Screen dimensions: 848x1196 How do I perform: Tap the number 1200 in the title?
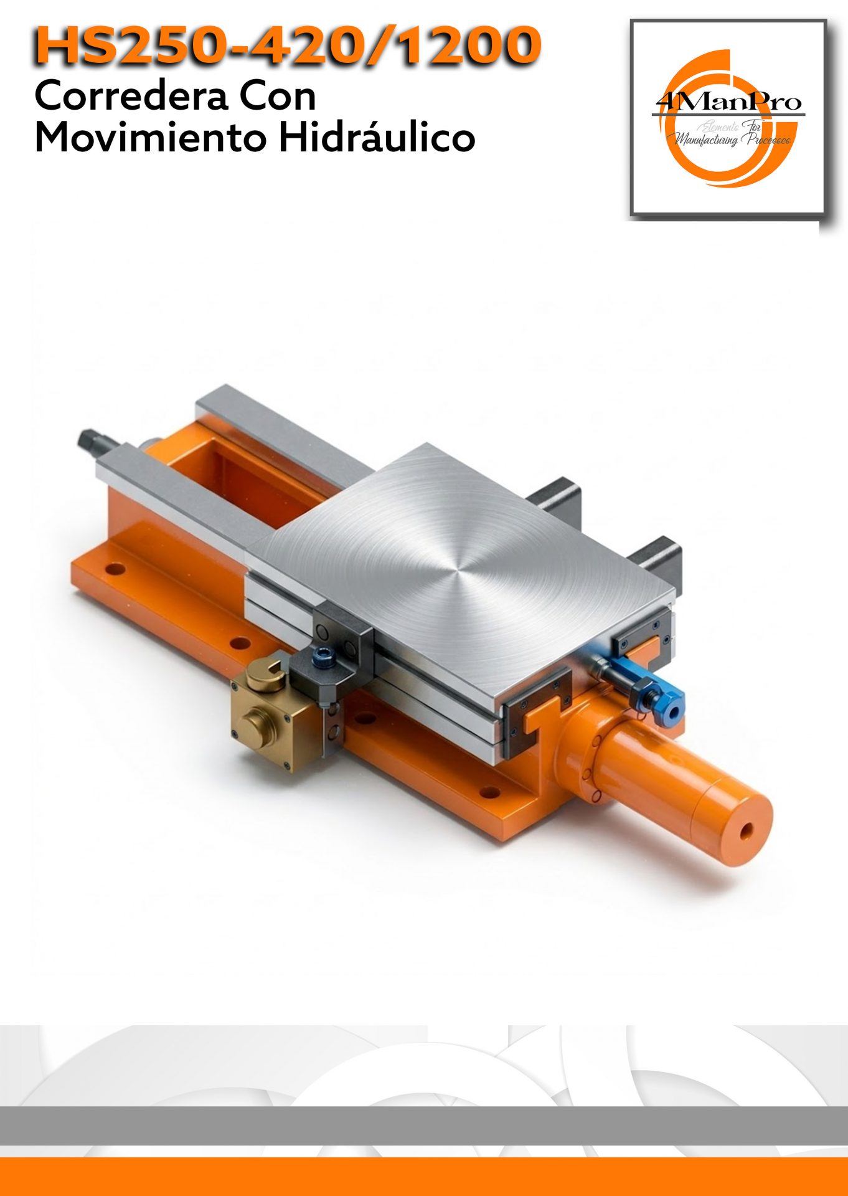click(468, 45)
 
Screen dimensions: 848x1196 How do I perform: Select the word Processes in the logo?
click(766, 140)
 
